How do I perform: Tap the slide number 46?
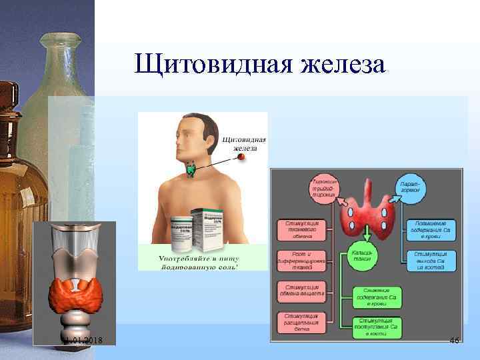[455, 341]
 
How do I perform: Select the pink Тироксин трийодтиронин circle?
[324, 189]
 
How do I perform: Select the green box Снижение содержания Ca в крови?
[377, 294]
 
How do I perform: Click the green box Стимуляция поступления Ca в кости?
[377, 325]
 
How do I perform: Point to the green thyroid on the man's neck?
[193, 169]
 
